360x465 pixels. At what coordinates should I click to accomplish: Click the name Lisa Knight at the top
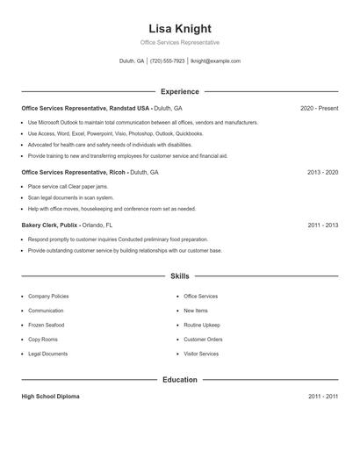pyautogui.click(x=180, y=28)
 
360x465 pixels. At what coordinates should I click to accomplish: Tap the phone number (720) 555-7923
pyautogui.click(x=168, y=61)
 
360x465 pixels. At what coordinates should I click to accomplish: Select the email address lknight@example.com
pyautogui.click(x=215, y=61)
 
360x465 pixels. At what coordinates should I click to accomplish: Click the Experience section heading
pyautogui.click(x=180, y=91)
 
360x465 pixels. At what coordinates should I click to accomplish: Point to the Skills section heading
pyautogui.click(x=180, y=276)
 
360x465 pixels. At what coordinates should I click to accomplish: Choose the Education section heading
pyautogui.click(x=180, y=380)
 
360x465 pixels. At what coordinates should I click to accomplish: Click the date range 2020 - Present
pyautogui.click(x=319, y=108)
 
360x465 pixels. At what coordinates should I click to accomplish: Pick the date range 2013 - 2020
pyautogui.click(x=322, y=173)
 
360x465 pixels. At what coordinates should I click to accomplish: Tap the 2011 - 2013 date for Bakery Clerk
pyautogui.click(x=322, y=225)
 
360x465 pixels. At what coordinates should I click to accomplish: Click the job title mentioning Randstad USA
pyautogui.click(x=86, y=108)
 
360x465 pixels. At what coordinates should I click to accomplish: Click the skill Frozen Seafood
pyautogui.click(x=47, y=325)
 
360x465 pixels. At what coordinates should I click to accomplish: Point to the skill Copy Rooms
pyautogui.click(x=43, y=340)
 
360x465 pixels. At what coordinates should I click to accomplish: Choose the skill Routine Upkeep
pyautogui.click(x=201, y=325)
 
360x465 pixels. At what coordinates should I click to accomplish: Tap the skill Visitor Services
pyautogui.click(x=201, y=354)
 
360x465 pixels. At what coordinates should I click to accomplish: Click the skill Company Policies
pyautogui.click(x=48, y=297)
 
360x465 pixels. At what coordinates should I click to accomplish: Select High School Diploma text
pyautogui.click(x=50, y=397)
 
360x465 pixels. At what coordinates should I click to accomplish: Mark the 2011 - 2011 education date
pyautogui.click(x=322, y=397)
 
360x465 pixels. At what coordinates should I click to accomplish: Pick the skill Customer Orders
pyautogui.click(x=203, y=340)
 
